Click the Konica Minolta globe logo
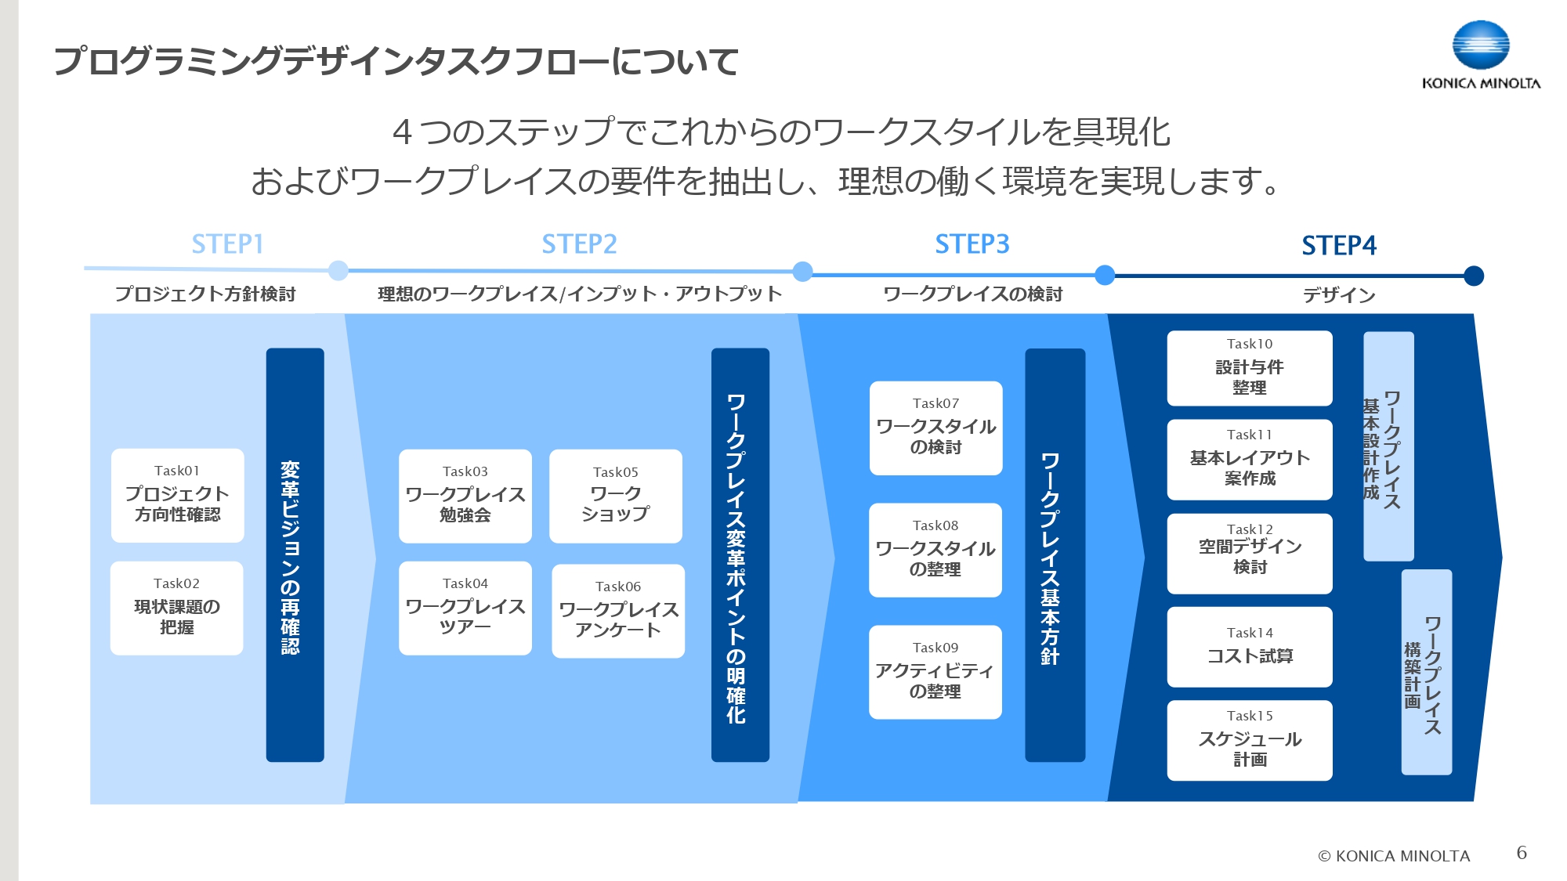[x=1480, y=45]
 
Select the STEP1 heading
[x=227, y=244]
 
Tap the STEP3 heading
[x=972, y=244]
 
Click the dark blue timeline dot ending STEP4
[x=1473, y=276]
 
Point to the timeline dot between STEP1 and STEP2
[x=338, y=271]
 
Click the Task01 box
[x=178, y=495]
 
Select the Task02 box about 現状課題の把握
[x=177, y=608]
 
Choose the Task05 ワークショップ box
[x=616, y=496]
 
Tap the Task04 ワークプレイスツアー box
[x=465, y=608]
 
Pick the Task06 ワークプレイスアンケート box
[x=618, y=611]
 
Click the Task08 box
[x=935, y=550]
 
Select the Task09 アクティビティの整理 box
[x=935, y=672]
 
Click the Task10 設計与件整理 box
[x=1250, y=368]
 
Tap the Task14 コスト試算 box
[x=1250, y=647]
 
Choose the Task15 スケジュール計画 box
[x=1250, y=740]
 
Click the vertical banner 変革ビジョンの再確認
[x=295, y=554]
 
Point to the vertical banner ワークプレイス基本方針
[x=1055, y=554]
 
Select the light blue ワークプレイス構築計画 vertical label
[x=1426, y=672]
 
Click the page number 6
[x=1522, y=853]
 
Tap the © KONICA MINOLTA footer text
[x=1394, y=856]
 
